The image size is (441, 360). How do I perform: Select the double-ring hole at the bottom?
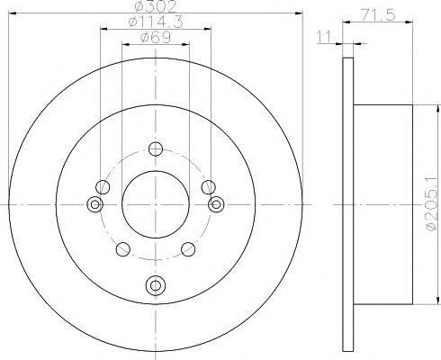pyautogui.click(x=155, y=285)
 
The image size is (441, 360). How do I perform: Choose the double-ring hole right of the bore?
pyautogui.click(x=215, y=205)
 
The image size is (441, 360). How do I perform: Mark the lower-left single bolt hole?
pyautogui.click(x=125, y=249)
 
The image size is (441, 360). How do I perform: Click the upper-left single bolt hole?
pyautogui.click(x=103, y=187)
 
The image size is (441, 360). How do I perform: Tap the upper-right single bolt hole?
pyautogui.click(x=208, y=187)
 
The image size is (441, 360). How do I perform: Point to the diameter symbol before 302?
pyautogui.click(x=136, y=6)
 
